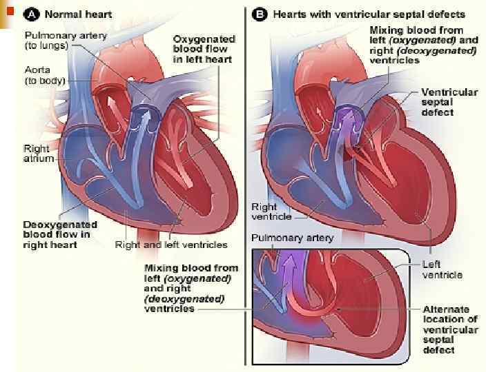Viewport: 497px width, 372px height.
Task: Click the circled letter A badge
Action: coord(31,14)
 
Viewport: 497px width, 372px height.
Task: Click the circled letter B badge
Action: coord(260,14)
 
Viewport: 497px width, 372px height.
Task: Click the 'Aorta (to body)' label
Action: coord(44,74)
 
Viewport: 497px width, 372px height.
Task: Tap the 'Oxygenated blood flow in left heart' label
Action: coord(203,49)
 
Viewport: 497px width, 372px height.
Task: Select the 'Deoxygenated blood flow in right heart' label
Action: coord(60,234)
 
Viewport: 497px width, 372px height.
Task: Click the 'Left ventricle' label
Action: coord(442,270)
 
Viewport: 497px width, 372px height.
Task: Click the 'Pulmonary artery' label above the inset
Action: coord(292,238)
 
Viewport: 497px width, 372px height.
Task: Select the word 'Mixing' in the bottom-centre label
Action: coord(160,268)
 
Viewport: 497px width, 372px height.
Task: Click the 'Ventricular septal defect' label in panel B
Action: coord(449,102)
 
